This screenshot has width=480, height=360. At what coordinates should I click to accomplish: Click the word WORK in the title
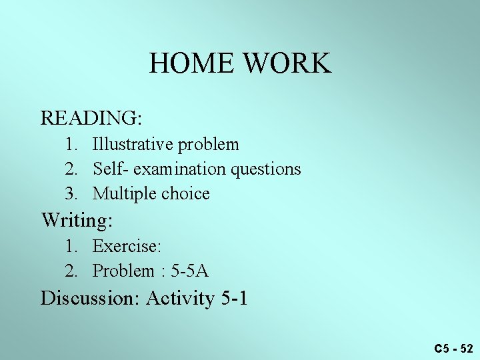(x=287, y=63)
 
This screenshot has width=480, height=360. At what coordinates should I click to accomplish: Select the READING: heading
(x=91, y=118)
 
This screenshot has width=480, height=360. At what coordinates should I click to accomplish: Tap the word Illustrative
(x=134, y=144)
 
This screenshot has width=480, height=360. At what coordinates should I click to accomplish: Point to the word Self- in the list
(x=111, y=169)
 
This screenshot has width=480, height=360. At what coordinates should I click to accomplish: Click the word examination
(x=180, y=169)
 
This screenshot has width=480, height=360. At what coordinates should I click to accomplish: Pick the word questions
(x=266, y=169)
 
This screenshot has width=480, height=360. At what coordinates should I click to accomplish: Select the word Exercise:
(x=127, y=246)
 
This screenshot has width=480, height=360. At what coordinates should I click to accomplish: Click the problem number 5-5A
(x=190, y=271)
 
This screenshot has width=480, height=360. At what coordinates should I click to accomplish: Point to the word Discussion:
(x=90, y=297)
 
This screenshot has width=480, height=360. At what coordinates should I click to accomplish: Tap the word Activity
(x=180, y=297)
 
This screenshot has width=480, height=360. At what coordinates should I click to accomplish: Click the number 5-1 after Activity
(x=233, y=297)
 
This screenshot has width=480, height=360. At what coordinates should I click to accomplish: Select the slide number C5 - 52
(x=453, y=348)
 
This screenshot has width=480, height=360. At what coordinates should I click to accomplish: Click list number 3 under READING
(x=71, y=194)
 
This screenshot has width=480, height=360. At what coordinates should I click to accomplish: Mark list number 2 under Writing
(x=71, y=271)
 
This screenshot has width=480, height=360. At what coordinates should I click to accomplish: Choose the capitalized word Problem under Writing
(x=123, y=271)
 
